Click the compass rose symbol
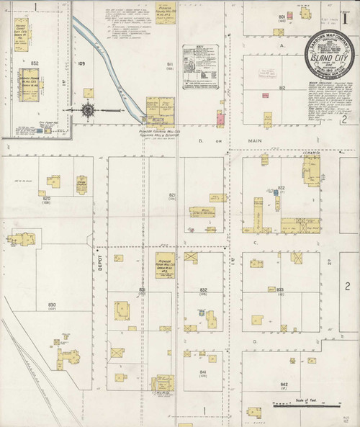(x=88, y=110)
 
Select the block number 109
(x=81, y=64)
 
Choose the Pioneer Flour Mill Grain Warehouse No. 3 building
(x=165, y=261)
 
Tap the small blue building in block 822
(x=276, y=192)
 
